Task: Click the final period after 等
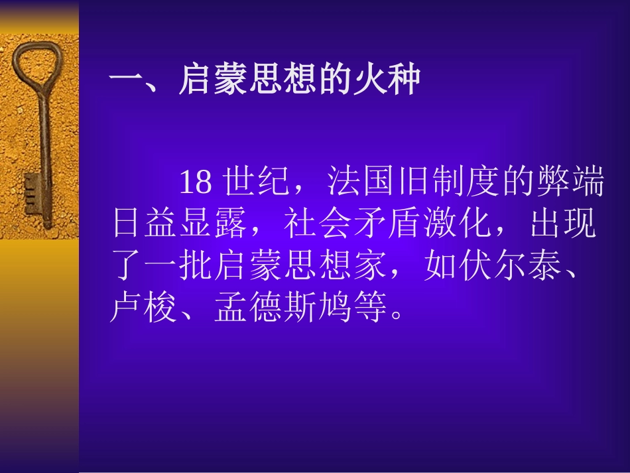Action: click(x=397, y=316)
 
